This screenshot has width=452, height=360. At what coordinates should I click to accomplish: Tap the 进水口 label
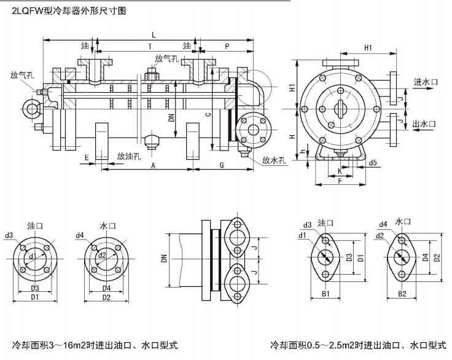click(x=424, y=82)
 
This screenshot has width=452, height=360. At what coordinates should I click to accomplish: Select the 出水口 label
click(x=424, y=123)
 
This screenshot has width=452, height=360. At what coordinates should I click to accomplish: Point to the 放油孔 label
click(x=130, y=156)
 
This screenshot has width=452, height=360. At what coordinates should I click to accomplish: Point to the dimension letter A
click(x=153, y=166)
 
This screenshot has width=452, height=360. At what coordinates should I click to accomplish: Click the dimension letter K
click(x=340, y=171)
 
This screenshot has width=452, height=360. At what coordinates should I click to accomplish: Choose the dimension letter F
click(x=340, y=181)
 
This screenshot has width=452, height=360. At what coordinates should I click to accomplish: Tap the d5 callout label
click(x=373, y=163)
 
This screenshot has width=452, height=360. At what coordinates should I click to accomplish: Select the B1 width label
click(x=326, y=294)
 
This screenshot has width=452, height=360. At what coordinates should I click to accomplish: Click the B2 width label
click(x=402, y=294)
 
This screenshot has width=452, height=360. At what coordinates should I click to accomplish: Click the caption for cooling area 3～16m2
click(x=96, y=345)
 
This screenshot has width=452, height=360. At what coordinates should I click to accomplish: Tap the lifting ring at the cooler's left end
click(x=29, y=109)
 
